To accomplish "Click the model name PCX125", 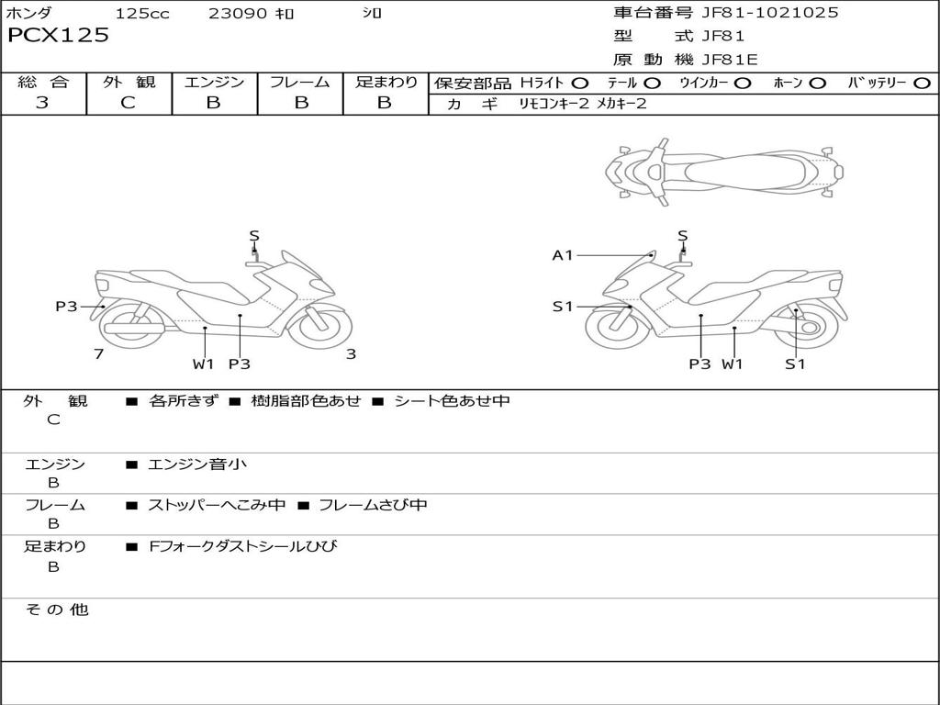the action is click(59, 36).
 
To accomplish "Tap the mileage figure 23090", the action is click(237, 14).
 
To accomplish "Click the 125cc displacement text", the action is click(142, 14).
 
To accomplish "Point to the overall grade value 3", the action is click(42, 103).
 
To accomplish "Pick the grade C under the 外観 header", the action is click(128, 103).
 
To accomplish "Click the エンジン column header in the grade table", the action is click(214, 82).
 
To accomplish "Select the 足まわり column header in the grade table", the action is click(386, 82).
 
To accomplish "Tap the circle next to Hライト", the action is click(580, 83).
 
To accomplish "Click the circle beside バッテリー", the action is click(922, 83).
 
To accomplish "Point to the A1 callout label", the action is click(562, 255).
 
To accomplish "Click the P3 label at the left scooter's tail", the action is click(66, 307).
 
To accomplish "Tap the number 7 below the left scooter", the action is click(98, 353).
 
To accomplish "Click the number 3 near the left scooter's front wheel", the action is click(351, 353).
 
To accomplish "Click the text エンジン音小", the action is click(197, 464).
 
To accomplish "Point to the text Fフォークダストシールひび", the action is click(243, 546).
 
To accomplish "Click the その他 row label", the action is click(56, 610).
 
